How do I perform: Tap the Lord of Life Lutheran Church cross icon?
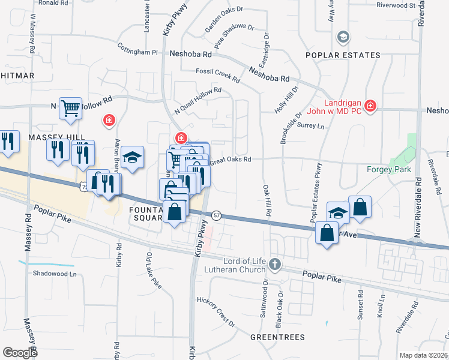tap(275, 264)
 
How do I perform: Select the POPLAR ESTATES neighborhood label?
tap(343, 55)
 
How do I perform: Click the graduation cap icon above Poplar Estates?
tap(343, 37)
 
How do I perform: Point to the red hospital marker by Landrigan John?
tap(370, 106)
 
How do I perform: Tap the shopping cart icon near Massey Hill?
tap(70, 109)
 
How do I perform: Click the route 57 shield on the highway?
tap(217, 215)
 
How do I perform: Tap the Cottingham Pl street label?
tap(137, 52)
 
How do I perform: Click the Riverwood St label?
tap(396, 5)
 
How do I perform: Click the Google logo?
tap(20, 352)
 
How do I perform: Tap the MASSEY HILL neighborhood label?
tap(50, 137)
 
